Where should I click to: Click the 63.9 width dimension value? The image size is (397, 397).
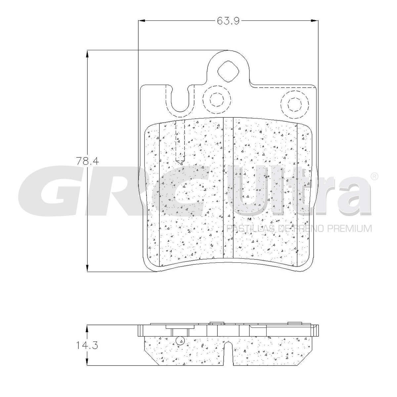[228, 21]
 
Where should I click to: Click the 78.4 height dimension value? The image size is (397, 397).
[88, 161]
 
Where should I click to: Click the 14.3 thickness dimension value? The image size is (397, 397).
[87, 345]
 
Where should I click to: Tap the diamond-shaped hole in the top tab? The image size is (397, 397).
[228, 71]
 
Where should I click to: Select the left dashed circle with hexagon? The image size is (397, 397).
[216, 99]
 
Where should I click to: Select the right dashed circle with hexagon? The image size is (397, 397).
[295, 105]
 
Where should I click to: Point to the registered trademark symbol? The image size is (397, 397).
[374, 177]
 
